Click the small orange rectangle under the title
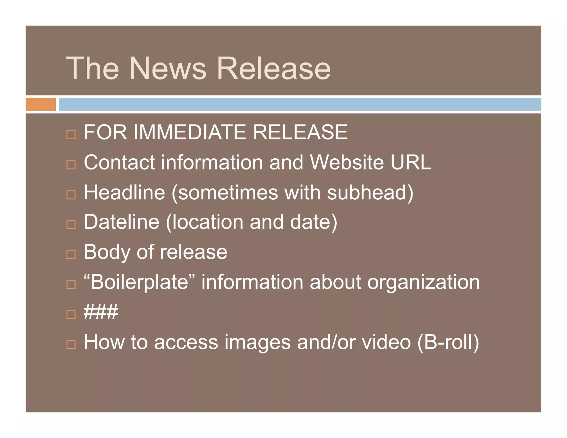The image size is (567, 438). pos(41,104)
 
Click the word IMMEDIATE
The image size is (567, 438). pos(190,132)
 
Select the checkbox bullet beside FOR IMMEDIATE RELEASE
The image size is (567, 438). pos(71,135)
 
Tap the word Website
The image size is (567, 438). pos(347,162)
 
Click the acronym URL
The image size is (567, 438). pos(411,162)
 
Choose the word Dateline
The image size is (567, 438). pos(122,222)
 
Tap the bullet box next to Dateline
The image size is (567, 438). pos(71,224)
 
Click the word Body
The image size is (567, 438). pos(107,252)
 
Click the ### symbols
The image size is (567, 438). pos(101,312)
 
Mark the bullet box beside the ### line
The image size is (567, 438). pos(71,314)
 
